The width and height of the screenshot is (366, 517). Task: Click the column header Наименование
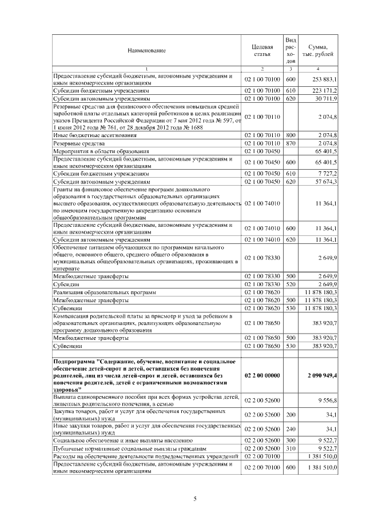146,51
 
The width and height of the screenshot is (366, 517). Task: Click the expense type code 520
290,284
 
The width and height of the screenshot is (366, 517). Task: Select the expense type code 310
290,449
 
